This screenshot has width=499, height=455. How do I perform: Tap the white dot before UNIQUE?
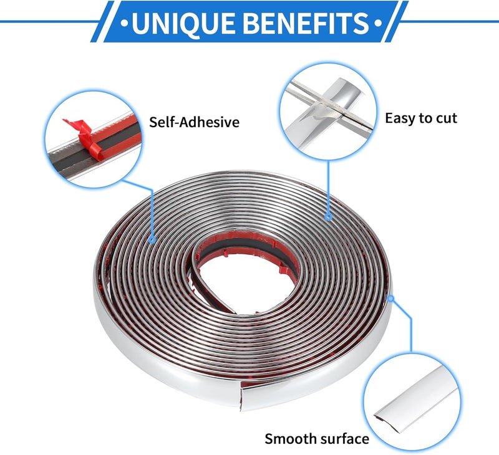click(125, 24)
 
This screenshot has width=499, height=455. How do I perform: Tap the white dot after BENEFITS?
click(377, 24)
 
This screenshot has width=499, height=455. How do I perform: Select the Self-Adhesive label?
click(194, 122)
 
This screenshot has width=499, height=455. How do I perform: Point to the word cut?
click(447, 118)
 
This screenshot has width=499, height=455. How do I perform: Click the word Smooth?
click(290, 439)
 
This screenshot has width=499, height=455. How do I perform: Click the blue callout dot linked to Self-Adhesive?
click(152, 239)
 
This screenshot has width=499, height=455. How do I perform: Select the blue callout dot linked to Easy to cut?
click(329, 217)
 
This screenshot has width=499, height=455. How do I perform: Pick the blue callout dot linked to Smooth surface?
click(391, 299)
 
